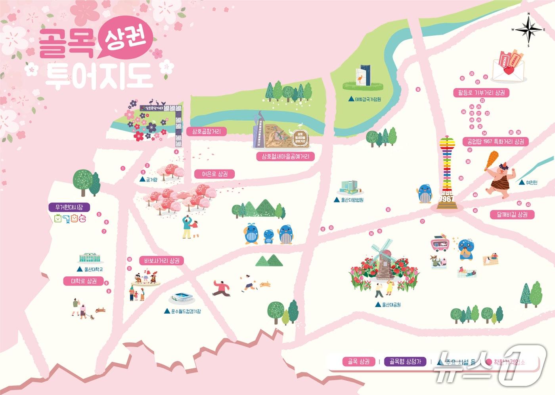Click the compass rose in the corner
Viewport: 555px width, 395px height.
528,30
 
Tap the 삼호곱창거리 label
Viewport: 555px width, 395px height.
206,131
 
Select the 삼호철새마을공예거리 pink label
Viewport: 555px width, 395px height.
285,156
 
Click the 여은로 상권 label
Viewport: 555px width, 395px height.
215,174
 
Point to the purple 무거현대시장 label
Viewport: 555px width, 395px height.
69,207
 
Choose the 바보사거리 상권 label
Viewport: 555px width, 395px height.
162,261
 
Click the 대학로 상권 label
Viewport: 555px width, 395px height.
84,281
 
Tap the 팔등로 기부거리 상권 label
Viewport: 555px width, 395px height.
481,93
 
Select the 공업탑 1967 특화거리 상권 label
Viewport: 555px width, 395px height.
496,142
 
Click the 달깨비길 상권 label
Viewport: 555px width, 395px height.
512,214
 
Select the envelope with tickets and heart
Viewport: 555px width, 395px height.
508,67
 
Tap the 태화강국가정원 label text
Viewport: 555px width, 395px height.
367,99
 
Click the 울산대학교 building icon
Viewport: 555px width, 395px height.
90,258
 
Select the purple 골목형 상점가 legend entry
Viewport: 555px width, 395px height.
405,362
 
